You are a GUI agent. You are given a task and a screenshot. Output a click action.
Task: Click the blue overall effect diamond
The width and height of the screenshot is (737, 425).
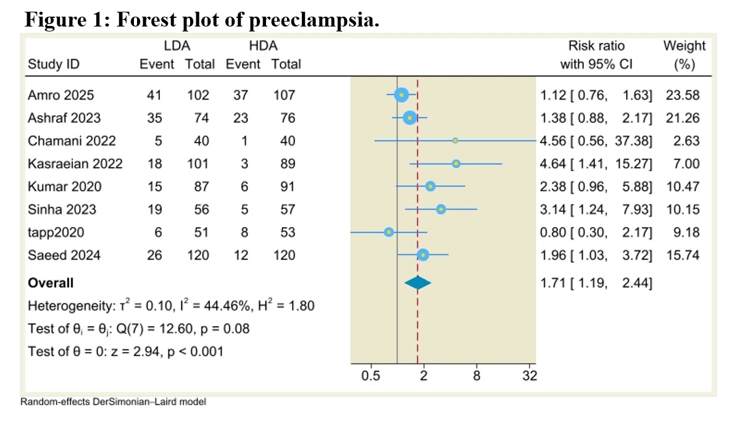click(x=418, y=283)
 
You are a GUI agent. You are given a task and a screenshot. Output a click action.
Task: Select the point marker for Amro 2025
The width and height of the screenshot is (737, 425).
click(x=401, y=95)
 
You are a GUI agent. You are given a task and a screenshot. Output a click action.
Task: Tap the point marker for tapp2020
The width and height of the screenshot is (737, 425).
click(x=389, y=232)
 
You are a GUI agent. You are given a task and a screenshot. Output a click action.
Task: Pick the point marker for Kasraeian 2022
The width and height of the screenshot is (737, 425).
click(x=456, y=163)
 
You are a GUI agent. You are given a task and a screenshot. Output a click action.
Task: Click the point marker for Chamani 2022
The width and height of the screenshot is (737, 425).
click(x=455, y=141)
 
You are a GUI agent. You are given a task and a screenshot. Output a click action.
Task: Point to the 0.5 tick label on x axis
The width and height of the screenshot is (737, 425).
click(x=370, y=376)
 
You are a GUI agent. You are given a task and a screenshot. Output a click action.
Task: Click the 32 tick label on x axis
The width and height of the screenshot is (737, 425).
click(x=530, y=376)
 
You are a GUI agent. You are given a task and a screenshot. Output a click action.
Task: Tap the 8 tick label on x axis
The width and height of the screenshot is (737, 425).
click(x=477, y=376)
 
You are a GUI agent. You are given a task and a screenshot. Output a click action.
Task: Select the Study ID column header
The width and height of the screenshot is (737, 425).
click(x=54, y=64)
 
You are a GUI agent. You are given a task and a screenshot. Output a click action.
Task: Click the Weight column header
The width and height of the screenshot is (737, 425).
click(x=684, y=46)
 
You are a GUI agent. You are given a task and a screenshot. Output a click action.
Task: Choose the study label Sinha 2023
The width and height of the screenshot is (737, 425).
click(x=62, y=209)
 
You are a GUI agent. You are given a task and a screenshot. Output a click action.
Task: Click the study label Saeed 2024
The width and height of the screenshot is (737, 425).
click(x=64, y=255)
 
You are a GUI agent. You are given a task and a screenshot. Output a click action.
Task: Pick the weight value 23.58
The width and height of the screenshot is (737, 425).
click(x=683, y=95)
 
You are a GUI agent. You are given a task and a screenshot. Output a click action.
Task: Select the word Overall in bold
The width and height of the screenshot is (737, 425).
click(x=51, y=283)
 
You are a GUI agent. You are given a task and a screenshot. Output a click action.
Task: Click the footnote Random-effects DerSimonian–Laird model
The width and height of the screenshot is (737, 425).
click(x=114, y=402)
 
